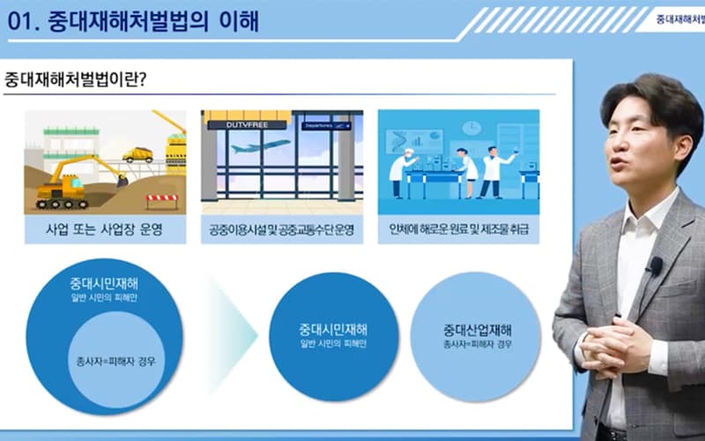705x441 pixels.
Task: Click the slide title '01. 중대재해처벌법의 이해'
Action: [133, 21]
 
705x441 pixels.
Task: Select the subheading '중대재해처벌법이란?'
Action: [75, 79]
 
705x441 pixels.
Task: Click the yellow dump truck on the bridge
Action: [138, 155]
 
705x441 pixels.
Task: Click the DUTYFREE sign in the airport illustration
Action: [247, 124]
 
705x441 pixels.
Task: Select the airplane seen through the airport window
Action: [261, 146]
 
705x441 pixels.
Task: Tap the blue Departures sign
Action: [326, 126]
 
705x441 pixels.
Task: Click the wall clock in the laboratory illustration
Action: [471, 128]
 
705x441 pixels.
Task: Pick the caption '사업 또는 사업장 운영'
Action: [104, 229]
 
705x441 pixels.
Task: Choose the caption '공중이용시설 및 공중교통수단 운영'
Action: [282, 230]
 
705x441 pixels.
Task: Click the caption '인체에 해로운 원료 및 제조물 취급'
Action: [458, 229]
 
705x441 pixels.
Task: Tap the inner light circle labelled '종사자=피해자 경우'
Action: [115, 360]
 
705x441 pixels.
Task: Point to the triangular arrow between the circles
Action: [233, 335]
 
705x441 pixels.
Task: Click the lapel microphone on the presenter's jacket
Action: [655, 265]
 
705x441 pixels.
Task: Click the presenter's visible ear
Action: [681, 149]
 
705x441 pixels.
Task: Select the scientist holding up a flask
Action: [493, 172]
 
